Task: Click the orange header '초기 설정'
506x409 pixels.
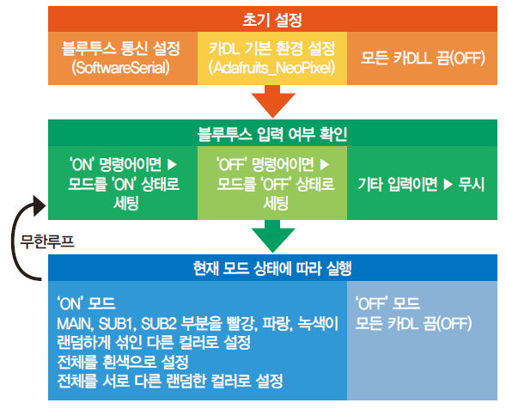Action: tap(272, 19)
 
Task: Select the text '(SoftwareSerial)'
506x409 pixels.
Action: tap(120, 68)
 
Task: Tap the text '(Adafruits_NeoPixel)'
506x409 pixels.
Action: tap(272, 68)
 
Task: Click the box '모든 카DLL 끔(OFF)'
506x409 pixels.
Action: tap(422, 58)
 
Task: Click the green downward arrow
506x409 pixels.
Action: tap(273, 236)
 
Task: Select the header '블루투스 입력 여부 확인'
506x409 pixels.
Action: tap(272, 133)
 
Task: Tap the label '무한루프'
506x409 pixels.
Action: tap(47, 241)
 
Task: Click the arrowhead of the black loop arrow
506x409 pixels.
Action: tap(40, 205)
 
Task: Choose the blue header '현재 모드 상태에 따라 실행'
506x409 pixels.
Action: tap(272, 268)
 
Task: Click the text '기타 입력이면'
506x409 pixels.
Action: tap(398, 185)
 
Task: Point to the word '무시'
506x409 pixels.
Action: tap(472, 185)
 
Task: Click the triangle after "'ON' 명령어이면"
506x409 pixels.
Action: tap(172, 165)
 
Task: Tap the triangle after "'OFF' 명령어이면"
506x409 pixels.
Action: tap(325, 165)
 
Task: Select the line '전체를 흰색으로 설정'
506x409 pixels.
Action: tap(123, 362)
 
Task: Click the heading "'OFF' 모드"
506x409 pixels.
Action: tap(387, 303)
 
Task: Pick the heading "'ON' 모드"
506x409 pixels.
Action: tap(86, 303)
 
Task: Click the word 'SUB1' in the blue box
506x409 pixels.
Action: tap(117, 323)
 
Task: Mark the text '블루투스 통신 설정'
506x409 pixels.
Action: tap(120, 48)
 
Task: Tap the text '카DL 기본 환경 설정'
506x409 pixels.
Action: tap(272, 48)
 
